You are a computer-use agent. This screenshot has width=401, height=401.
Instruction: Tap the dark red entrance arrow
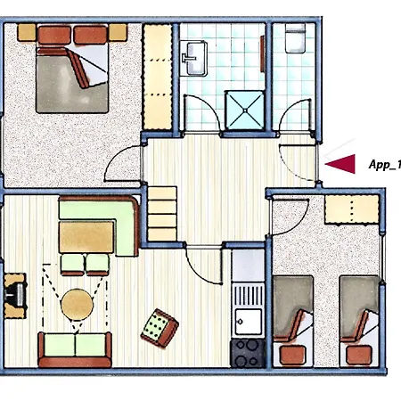(x=340, y=162)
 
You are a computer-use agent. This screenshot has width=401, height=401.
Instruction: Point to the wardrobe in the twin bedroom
(x=351, y=210)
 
